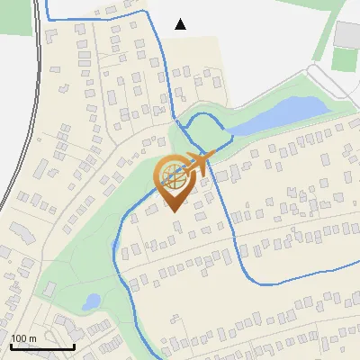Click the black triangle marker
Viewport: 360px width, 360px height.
click(x=181, y=24)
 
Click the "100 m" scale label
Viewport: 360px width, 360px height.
click(x=23, y=338)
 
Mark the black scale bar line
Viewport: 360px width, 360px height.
click(x=42, y=346)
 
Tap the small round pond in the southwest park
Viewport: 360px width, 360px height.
click(x=92, y=302)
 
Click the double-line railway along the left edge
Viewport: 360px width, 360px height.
click(x=33, y=108)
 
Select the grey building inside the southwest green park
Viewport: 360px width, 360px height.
click(x=50, y=290)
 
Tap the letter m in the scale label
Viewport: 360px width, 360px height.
click(x=32, y=338)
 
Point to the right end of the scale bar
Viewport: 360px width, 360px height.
click(x=74, y=346)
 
